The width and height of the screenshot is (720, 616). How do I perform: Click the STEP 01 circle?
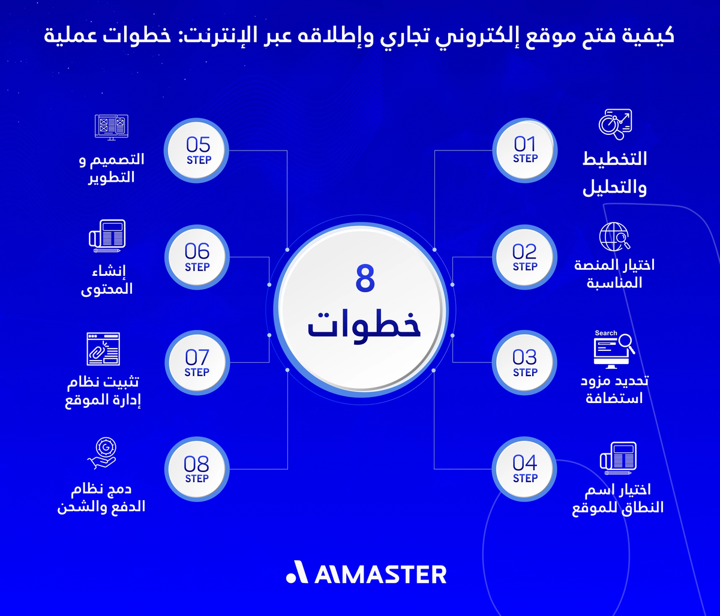point(524,149)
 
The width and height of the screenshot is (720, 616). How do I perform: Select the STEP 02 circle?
point(524,257)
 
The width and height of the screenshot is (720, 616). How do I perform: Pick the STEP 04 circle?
point(524,469)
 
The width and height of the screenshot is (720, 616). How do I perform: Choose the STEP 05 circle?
point(197,150)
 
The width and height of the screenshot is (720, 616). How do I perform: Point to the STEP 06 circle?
point(197,257)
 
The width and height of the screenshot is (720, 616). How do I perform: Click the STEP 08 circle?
point(197,469)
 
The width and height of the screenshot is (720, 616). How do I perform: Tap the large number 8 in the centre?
point(364,279)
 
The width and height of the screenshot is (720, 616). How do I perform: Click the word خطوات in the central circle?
point(364,324)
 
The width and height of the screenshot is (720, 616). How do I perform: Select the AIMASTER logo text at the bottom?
point(366,574)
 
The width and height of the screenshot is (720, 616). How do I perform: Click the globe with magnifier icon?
point(614,236)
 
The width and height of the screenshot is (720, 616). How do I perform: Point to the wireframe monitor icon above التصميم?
point(112,127)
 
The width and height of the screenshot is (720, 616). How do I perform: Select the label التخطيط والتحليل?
point(614,173)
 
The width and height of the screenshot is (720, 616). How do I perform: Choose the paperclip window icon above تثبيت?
point(103,348)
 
